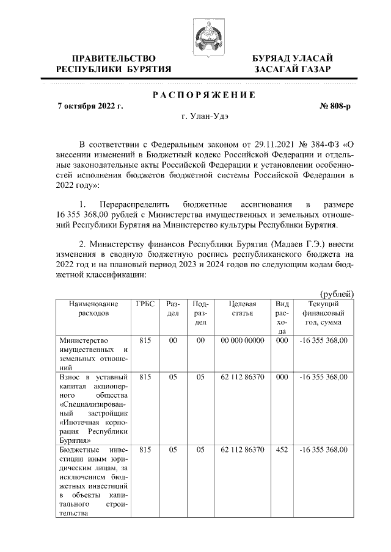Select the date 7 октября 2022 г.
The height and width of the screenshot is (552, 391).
coord(90,106)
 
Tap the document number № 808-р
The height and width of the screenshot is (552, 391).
coord(335,106)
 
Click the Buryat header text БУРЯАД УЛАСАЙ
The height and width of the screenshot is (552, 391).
coord(293,58)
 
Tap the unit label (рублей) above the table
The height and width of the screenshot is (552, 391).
coord(337,294)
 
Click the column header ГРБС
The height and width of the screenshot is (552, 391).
coord(145,304)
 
